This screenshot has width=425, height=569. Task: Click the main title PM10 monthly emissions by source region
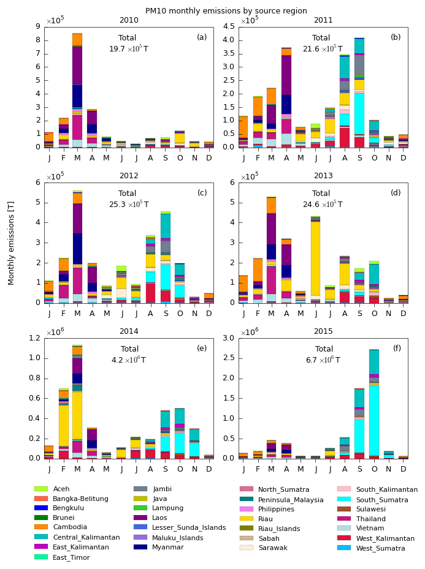coord(226,11)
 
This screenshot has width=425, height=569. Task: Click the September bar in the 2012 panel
coord(165,257)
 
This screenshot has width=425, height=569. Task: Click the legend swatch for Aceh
coord(41,489)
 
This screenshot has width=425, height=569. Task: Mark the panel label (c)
coord(202,193)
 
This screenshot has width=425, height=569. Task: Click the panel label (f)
coord(397,349)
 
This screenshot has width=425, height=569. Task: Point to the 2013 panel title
coord(323,176)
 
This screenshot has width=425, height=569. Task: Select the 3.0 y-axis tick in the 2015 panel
coord(231,338)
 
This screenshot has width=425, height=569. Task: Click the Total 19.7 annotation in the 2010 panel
coord(128,43)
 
